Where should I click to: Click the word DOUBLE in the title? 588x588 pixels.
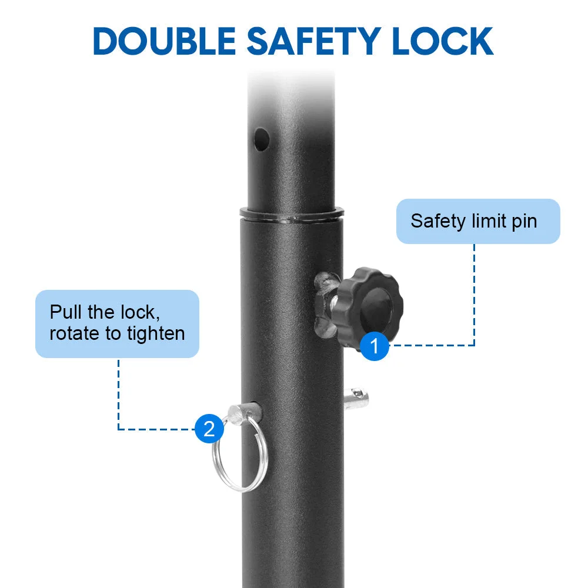pyautogui.click(x=164, y=41)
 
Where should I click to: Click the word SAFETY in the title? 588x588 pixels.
pyautogui.click(x=314, y=41)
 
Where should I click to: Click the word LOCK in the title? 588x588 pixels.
pyautogui.click(x=443, y=41)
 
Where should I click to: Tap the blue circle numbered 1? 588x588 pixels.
pyautogui.click(x=374, y=346)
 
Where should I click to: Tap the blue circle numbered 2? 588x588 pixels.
pyautogui.click(x=209, y=429)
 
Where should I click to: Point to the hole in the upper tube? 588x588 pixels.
pyautogui.click(x=262, y=139)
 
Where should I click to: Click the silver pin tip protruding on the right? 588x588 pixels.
pyautogui.click(x=356, y=399)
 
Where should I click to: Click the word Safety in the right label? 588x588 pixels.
pyautogui.click(x=437, y=221)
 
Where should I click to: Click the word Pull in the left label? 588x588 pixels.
pyautogui.click(x=66, y=312)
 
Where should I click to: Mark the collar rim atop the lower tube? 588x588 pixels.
pyautogui.click(x=292, y=214)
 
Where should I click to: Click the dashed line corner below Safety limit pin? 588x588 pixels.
pyautogui.click(x=475, y=345)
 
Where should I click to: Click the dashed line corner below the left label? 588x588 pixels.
pyautogui.click(x=119, y=429)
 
